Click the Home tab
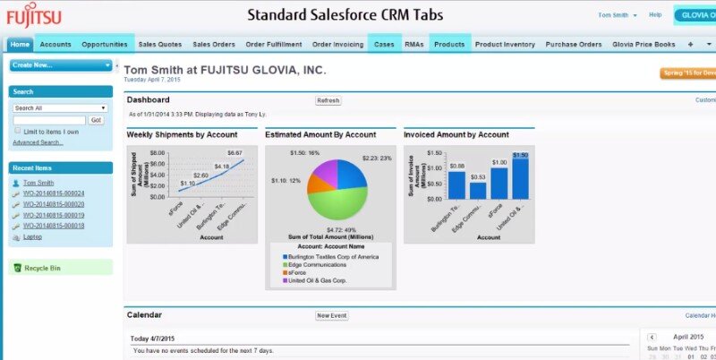[x=21, y=44]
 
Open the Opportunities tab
[x=105, y=44]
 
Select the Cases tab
[x=384, y=44]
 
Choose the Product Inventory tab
[x=505, y=44]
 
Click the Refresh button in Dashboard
[x=328, y=100]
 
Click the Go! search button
[x=96, y=119]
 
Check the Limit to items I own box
[x=17, y=131]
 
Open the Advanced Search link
[x=38, y=142]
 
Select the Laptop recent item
[x=32, y=236]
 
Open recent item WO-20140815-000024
[x=54, y=193]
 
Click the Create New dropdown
[x=60, y=65]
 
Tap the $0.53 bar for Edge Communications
[x=478, y=189]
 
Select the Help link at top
[x=655, y=15]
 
